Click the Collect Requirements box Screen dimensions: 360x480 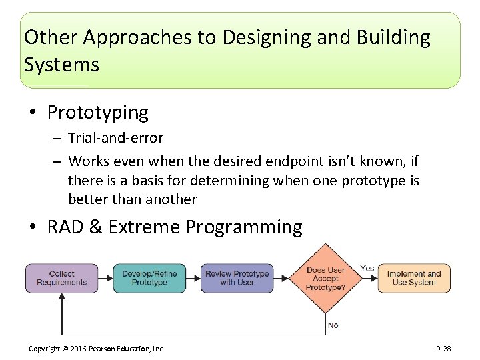61,278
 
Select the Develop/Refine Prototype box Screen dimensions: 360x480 149,278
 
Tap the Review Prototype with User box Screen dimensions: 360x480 237,278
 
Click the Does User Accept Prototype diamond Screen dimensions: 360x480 325,278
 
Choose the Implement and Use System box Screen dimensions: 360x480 413,278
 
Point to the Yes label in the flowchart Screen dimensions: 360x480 367,268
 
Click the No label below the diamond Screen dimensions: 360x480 333,325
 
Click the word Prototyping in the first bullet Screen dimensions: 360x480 97,112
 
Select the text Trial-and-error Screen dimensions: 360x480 115,138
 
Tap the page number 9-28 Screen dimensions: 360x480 444,349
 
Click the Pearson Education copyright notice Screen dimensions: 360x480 97,349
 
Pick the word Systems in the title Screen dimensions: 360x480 61,65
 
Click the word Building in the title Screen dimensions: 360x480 393,37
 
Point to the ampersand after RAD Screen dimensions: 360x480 95,227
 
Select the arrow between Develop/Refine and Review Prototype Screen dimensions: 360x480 193,278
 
